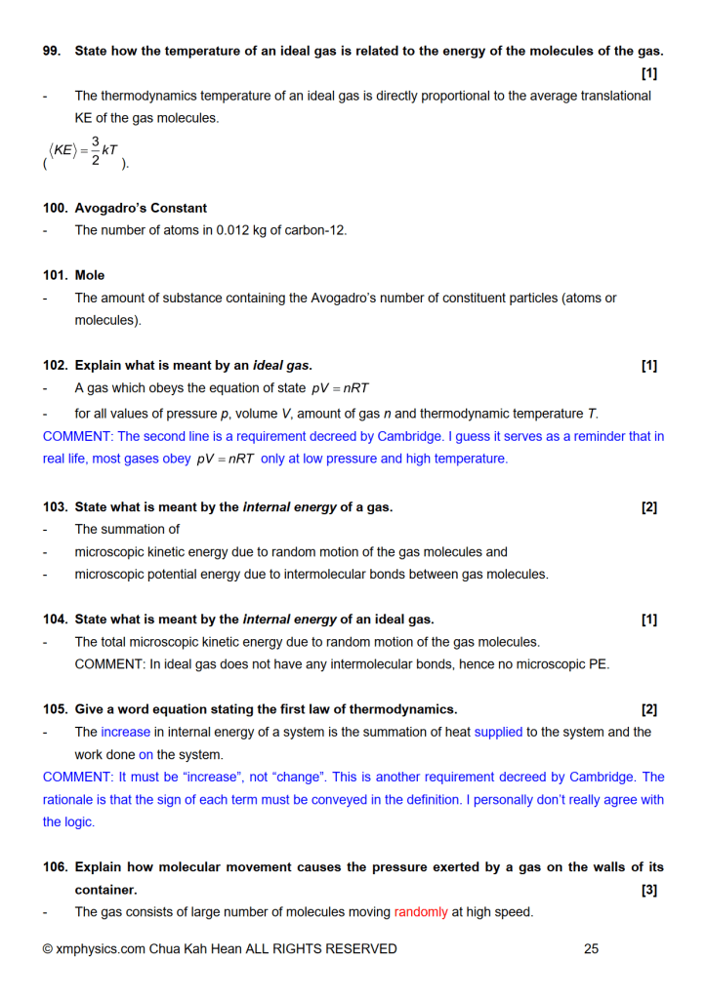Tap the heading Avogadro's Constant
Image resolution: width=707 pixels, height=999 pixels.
click(141, 208)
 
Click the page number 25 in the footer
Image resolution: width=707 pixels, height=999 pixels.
click(591, 948)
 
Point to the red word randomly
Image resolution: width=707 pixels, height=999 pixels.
click(421, 912)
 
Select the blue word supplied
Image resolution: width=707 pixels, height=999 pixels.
click(498, 732)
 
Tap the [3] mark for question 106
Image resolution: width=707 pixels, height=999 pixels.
click(649, 890)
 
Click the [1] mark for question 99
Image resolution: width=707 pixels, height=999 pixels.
click(649, 73)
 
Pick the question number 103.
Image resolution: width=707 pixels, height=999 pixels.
click(56, 506)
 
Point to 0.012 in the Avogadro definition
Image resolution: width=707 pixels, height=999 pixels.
click(215, 230)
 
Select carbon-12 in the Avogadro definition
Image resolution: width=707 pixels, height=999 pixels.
click(314, 230)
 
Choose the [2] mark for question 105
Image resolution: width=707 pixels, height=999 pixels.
click(649, 709)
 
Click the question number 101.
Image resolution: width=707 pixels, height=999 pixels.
click(56, 275)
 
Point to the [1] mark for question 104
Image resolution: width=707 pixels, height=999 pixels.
click(649, 619)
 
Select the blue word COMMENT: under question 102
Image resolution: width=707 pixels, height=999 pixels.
click(77, 436)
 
